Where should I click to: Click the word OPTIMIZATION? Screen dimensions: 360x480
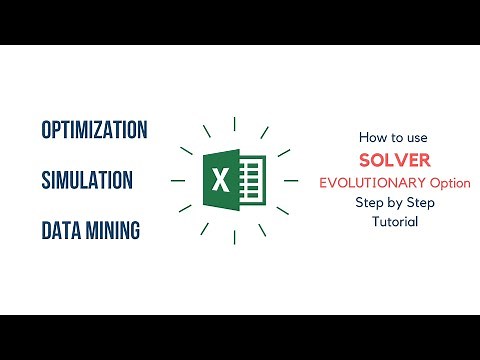pos(95,130)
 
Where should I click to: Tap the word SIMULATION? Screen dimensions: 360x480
pos(88,181)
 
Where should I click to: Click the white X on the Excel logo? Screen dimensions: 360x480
pos(220,180)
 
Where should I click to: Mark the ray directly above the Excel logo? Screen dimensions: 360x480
pos(234,124)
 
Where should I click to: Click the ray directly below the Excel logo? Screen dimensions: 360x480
pos(234,238)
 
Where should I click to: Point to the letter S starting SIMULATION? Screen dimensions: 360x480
pos(46,181)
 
